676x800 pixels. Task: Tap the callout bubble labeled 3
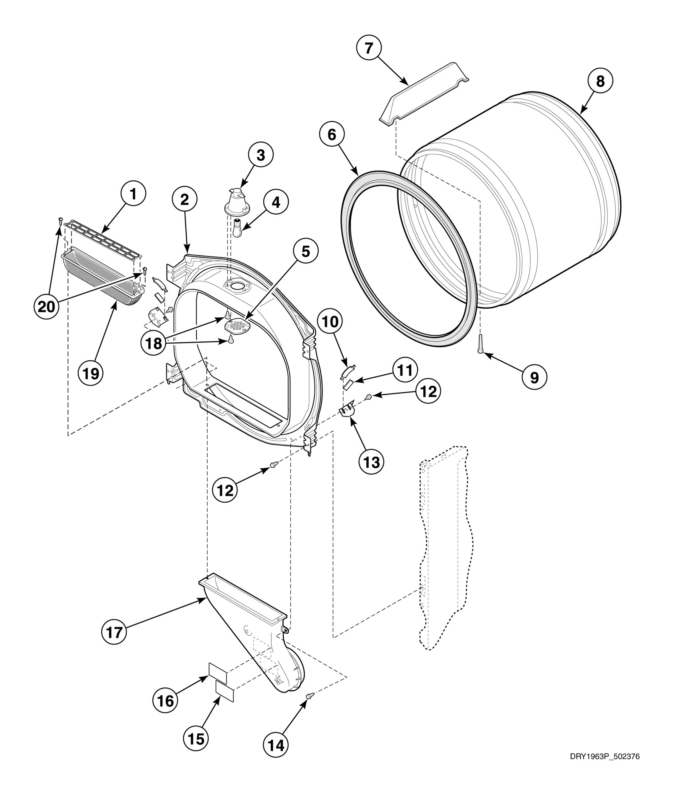tap(260, 155)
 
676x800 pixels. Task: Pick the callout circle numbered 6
tap(332, 135)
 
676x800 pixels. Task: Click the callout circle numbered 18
tap(154, 343)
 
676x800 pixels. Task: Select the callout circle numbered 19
tap(90, 374)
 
